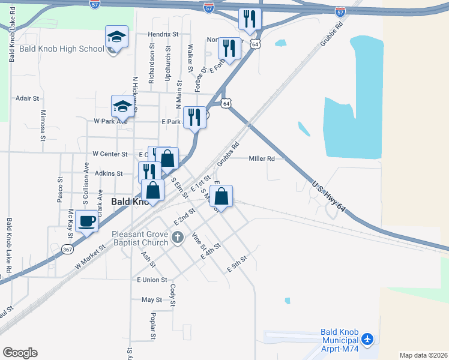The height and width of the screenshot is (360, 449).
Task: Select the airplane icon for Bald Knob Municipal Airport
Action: click(367, 340)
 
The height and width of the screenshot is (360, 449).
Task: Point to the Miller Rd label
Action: click(262, 158)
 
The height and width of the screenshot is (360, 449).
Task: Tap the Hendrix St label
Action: click(163, 35)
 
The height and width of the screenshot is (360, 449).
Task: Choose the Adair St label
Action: click(28, 98)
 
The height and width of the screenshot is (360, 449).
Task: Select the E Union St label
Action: click(152, 280)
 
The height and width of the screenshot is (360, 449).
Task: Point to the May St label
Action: click(151, 299)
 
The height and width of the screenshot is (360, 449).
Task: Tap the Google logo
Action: click(20, 353)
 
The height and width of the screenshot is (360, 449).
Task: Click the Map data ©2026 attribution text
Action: click(423, 355)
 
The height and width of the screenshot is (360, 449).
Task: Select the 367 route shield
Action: click(67, 248)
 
